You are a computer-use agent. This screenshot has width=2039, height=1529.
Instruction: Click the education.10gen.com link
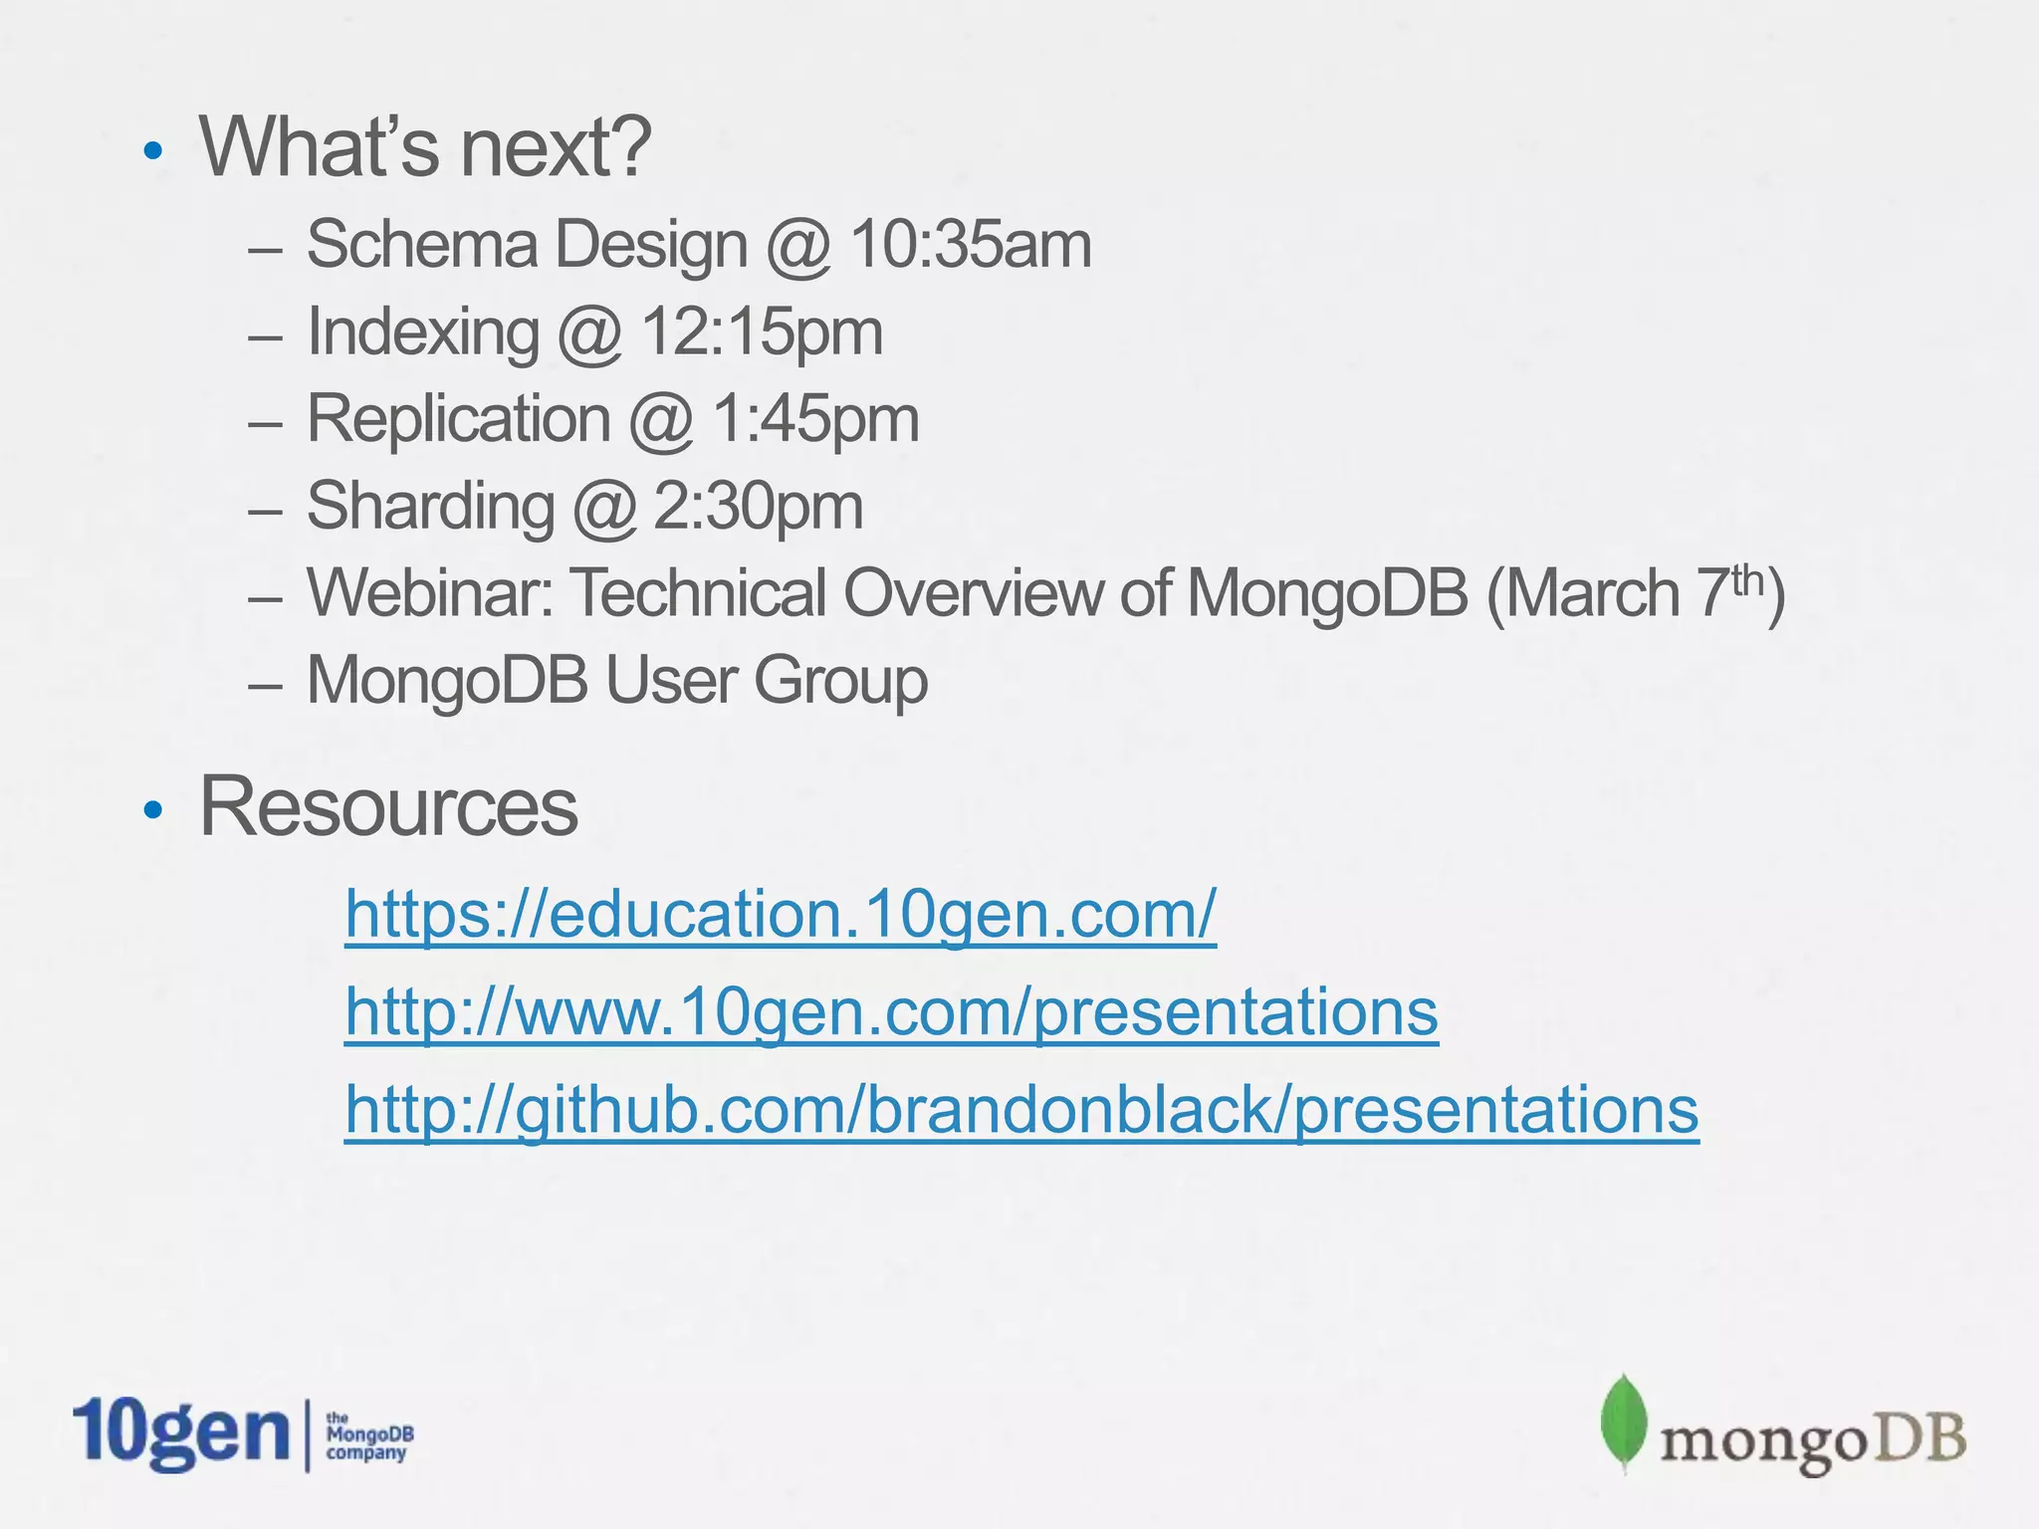(x=780, y=913)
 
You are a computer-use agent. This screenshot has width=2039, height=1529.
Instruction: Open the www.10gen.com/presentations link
(x=891, y=1011)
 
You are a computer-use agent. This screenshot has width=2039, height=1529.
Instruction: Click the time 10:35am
(x=971, y=244)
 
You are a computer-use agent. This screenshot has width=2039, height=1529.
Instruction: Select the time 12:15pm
(x=762, y=331)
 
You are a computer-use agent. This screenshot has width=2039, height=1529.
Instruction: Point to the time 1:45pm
(x=815, y=419)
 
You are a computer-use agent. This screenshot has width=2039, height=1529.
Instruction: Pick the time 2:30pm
(x=758, y=507)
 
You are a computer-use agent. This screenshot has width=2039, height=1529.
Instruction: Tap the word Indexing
(x=423, y=333)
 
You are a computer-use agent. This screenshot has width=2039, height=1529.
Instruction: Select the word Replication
(x=458, y=419)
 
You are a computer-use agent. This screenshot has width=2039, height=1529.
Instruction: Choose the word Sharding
(x=430, y=508)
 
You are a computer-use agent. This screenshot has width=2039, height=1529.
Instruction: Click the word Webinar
(x=429, y=593)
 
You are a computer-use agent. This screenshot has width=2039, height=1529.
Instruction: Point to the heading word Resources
(x=388, y=806)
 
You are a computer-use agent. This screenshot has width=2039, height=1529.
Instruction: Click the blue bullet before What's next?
(x=152, y=151)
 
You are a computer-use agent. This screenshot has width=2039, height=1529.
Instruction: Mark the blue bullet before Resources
(x=152, y=810)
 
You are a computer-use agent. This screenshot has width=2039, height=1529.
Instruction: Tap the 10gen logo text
(x=180, y=1433)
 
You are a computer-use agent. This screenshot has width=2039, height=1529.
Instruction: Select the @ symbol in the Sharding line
(x=603, y=508)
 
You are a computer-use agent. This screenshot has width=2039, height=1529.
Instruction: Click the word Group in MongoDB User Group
(x=840, y=682)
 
